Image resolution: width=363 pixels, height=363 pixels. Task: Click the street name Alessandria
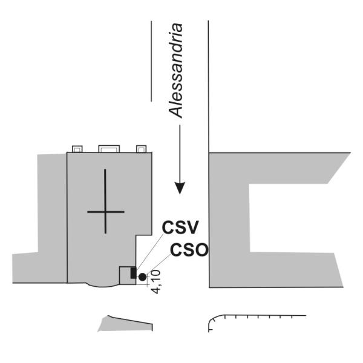(x=175, y=71)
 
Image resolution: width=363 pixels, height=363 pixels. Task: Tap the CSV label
(x=180, y=227)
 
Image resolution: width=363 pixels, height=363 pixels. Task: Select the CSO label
(x=189, y=250)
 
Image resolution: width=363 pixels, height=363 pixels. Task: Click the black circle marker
(x=142, y=277)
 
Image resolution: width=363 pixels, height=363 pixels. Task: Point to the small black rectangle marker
(x=133, y=273)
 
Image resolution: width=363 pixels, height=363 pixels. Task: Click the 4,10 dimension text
(x=156, y=282)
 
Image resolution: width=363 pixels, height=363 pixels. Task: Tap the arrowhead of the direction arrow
(x=180, y=188)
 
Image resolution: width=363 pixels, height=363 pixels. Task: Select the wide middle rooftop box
(x=109, y=149)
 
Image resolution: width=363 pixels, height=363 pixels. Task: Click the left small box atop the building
(x=77, y=149)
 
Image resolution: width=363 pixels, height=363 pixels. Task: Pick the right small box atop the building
(x=141, y=149)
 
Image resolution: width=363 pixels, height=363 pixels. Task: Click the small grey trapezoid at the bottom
(x=125, y=324)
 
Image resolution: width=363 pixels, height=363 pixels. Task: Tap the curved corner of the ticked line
(x=213, y=319)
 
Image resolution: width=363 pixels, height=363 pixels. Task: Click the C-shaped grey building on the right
(x=229, y=220)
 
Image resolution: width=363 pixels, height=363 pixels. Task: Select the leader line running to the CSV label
(x=150, y=251)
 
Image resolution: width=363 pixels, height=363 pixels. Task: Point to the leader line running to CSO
(x=159, y=264)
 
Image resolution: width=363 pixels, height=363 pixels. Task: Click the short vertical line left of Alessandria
(x=151, y=61)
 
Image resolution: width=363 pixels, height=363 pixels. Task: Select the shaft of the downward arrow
(x=180, y=154)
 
